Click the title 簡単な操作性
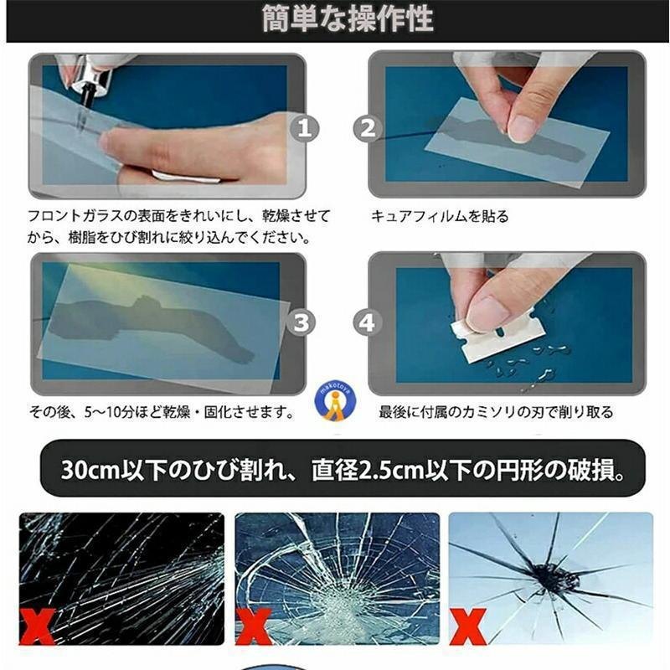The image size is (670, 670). click(x=348, y=18)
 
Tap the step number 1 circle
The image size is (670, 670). click(x=304, y=128)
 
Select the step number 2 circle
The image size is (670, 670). click(x=368, y=128)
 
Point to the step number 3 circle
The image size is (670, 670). click(x=301, y=322)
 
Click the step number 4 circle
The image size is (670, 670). click(x=367, y=322)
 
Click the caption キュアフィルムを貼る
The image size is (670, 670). click(x=440, y=216)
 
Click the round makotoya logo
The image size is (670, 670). click(x=336, y=401)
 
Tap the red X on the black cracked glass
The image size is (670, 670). click(x=37, y=626)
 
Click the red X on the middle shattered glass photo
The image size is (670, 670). click(x=254, y=626)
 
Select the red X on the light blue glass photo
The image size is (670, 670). click(x=468, y=626)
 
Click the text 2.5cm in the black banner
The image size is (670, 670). click(x=391, y=470)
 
